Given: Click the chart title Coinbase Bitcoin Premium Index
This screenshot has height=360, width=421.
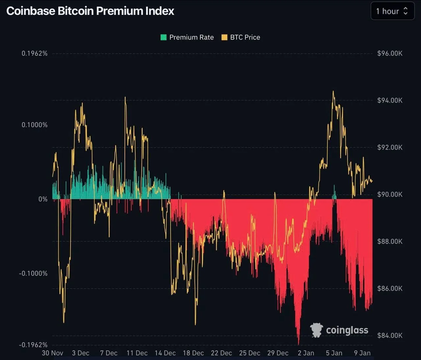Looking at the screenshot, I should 90,11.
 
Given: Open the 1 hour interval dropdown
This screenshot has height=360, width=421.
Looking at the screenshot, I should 392,11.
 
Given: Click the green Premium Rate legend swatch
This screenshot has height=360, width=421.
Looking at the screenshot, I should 163,37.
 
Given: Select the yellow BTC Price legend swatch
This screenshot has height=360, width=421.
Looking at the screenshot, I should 224,37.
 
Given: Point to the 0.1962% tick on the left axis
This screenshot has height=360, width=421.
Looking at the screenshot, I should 35,53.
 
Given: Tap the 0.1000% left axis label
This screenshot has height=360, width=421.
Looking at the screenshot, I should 35,125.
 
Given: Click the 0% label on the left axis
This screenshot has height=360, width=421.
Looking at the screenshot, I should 43,199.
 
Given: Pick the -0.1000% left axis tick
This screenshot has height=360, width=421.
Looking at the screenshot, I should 33,273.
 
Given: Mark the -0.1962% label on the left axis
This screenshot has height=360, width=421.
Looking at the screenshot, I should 33,345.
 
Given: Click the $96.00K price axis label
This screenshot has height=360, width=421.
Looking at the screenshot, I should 390,53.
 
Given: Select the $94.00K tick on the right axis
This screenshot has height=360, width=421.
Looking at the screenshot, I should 390,100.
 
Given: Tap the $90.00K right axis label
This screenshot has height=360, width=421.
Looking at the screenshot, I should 390,194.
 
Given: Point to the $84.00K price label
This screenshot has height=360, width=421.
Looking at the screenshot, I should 390,335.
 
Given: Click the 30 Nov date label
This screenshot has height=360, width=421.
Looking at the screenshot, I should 53,353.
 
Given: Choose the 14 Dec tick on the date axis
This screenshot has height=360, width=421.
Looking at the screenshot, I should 165,353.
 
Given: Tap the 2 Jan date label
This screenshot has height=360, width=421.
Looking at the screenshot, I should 306,353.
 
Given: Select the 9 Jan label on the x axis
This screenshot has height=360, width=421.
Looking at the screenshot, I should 362,353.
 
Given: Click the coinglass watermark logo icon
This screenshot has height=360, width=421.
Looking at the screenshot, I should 316,330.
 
